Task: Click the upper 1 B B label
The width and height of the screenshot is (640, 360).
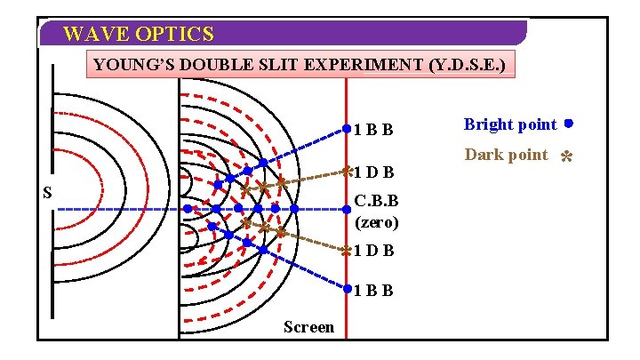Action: point(374,130)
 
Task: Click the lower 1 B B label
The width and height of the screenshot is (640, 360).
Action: point(374,291)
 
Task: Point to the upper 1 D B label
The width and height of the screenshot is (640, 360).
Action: point(374,172)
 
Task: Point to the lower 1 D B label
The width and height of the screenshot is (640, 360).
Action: point(374,251)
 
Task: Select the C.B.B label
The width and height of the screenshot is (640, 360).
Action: point(377,201)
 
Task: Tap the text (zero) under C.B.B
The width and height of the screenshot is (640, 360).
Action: point(377,220)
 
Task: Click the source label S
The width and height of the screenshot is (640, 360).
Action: point(47,193)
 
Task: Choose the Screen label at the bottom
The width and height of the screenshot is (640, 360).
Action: point(308,327)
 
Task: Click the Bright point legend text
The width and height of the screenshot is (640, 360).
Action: point(510,124)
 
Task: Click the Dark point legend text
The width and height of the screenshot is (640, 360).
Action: point(507,155)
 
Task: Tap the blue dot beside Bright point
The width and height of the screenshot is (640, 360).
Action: point(567,124)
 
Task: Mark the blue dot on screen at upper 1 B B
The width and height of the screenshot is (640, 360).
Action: point(346,129)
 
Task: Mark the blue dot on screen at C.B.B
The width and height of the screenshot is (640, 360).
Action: point(346,210)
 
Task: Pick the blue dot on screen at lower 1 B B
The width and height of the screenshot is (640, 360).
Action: point(346,289)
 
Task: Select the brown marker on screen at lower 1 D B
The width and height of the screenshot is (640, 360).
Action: point(346,251)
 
